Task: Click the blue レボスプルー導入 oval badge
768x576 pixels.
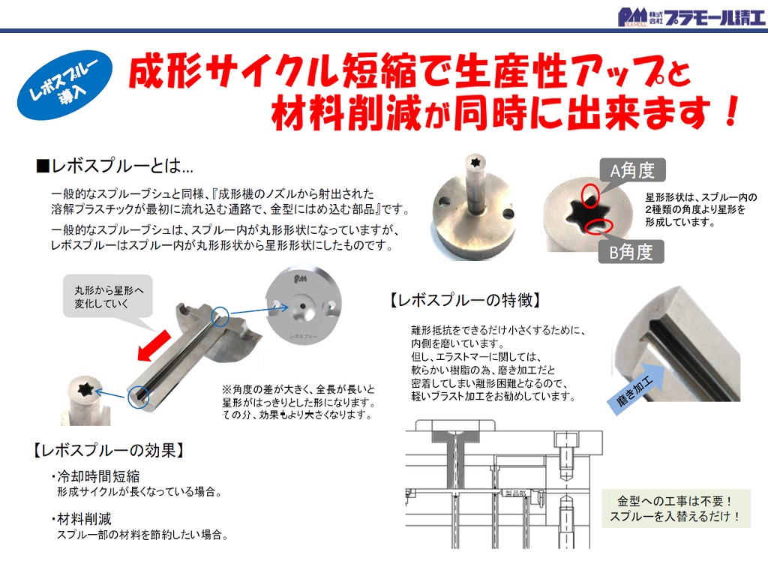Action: point(64,85)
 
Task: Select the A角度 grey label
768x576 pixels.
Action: point(632,170)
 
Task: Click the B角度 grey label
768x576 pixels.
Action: point(631,252)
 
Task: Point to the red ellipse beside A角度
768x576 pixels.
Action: point(590,195)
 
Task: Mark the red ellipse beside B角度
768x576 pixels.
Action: point(598,226)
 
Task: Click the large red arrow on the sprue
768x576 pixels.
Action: point(154,346)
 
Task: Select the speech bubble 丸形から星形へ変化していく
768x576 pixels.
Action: point(108,297)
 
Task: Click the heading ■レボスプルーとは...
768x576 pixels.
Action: point(115,166)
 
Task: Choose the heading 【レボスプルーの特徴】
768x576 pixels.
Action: point(465,300)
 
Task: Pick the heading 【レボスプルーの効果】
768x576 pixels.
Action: point(109,450)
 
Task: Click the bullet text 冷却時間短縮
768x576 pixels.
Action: point(95,476)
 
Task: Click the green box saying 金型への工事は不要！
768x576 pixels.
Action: point(676,508)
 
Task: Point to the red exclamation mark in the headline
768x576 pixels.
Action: point(732,111)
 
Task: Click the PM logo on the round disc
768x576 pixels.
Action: point(300,279)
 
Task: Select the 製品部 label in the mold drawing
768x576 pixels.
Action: point(515,493)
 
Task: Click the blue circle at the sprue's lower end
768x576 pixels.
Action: point(139,396)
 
